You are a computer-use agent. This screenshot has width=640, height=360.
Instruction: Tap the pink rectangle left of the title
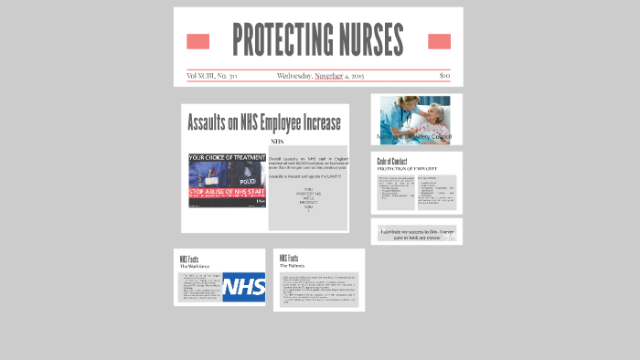(x=197, y=41)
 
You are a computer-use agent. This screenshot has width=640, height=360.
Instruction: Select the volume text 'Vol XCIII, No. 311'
(x=212, y=76)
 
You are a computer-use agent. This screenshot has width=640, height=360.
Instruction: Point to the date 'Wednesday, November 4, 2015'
(x=320, y=76)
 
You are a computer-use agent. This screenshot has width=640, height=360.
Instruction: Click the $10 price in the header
(x=444, y=76)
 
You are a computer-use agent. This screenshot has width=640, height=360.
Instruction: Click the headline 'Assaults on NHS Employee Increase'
(x=263, y=122)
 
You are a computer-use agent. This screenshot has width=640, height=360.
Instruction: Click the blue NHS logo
(x=243, y=286)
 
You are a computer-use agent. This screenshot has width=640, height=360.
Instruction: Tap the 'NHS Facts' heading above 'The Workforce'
(x=189, y=259)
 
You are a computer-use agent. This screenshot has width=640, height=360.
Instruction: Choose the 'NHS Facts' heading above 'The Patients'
(x=289, y=259)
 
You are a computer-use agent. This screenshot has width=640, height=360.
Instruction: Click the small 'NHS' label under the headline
(x=277, y=142)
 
